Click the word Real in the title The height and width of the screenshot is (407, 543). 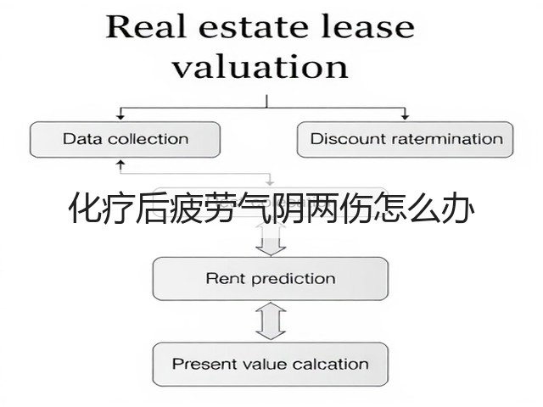click(146, 26)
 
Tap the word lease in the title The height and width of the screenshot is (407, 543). click(367, 26)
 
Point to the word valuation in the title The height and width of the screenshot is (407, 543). click(260, 66)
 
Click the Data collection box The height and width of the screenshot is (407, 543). click(125, 139)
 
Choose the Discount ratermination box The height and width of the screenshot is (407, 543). click(406, 139)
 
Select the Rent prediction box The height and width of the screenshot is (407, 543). click(271, 279)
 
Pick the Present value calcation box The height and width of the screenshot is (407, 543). click(271, 364)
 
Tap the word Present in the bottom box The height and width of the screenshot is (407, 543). click(202, 364)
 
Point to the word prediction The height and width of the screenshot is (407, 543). click(294, 279)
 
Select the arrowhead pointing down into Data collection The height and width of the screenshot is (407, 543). click(120, 117)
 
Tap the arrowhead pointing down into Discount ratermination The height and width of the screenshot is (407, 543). click(405, 117)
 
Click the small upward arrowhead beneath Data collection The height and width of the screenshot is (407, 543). click(120, 163)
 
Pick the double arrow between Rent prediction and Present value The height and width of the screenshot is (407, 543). click(271, 321)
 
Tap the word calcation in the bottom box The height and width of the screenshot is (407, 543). click(330, 364)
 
